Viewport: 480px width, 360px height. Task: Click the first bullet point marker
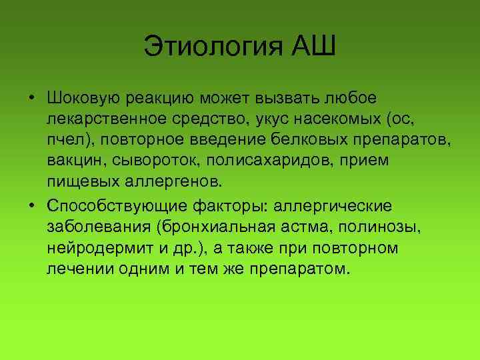click(31, 99)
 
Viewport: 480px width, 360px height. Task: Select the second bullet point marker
click(31, 203)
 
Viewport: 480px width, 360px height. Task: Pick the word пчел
click(65, 140)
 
